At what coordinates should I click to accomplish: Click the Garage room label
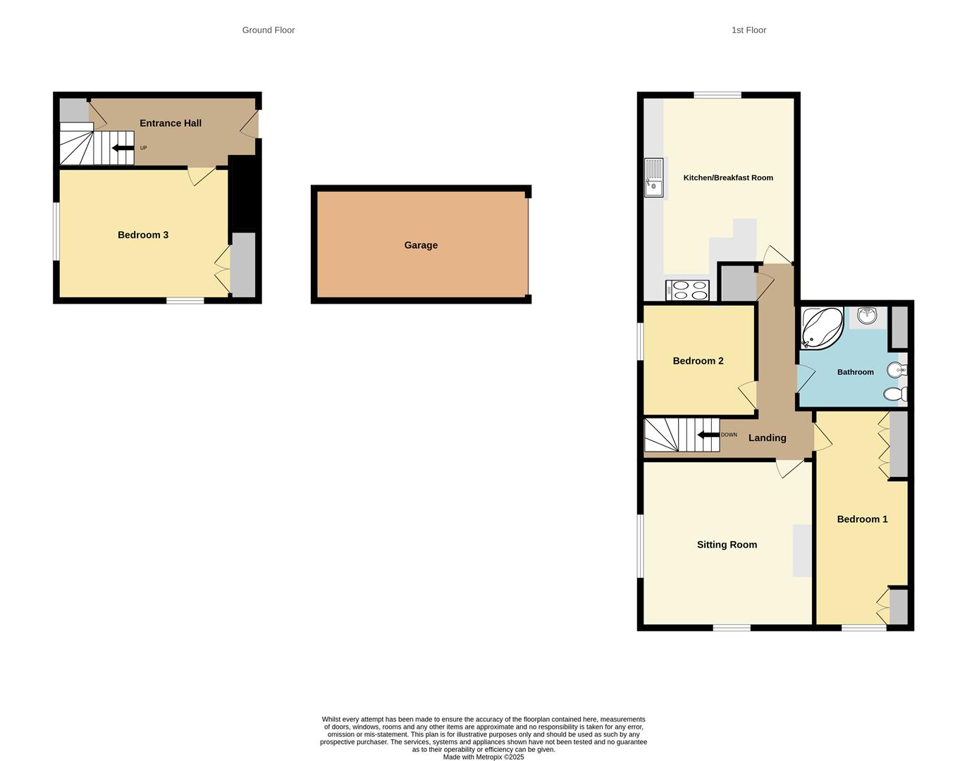click(x=421, y=245)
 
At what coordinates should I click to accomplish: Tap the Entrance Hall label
click(x=171, y=123)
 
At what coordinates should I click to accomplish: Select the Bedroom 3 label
click(x=143, y=235)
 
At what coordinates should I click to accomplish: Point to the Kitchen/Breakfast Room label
click(x=728, y=178)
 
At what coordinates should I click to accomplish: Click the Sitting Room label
click(x=727, y=545)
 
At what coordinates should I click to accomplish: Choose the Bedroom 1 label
click(x=862, y=519)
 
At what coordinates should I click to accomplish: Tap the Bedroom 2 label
click(x=698, y=361)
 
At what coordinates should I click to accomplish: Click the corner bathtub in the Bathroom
click(x=821, y=328)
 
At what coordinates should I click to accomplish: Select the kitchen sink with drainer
click(x=653, y=178)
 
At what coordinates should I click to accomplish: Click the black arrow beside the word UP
click(x=123, y=148)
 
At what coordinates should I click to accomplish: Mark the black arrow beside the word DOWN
click(x=708, y=435)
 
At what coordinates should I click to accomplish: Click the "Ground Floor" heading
click(x=269, y=30)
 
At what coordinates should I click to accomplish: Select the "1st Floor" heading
click(x=749, y=30)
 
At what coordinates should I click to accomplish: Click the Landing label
click(x=767, y=438)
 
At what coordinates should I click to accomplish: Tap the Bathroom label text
click(x=855, y=372)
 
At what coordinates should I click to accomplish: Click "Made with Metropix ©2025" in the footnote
click(x=483, y=757)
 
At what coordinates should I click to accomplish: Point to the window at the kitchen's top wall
click(x=717, y=95)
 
